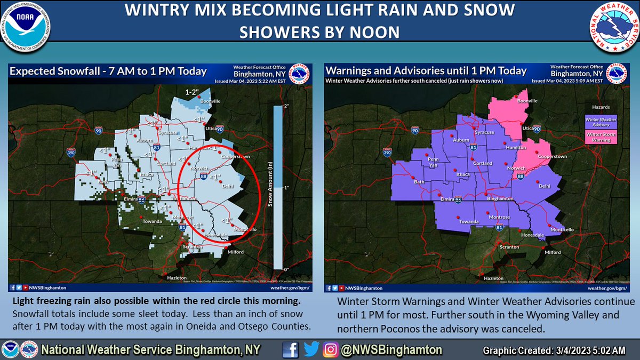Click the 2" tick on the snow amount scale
(285, 107)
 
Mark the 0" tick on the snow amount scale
(285, 269)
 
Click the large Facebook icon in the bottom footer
(291, 350)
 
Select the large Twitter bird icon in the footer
(311, 350)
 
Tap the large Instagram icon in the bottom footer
(330, 350)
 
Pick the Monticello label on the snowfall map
(246, 229)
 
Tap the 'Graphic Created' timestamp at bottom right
(554, 350)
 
